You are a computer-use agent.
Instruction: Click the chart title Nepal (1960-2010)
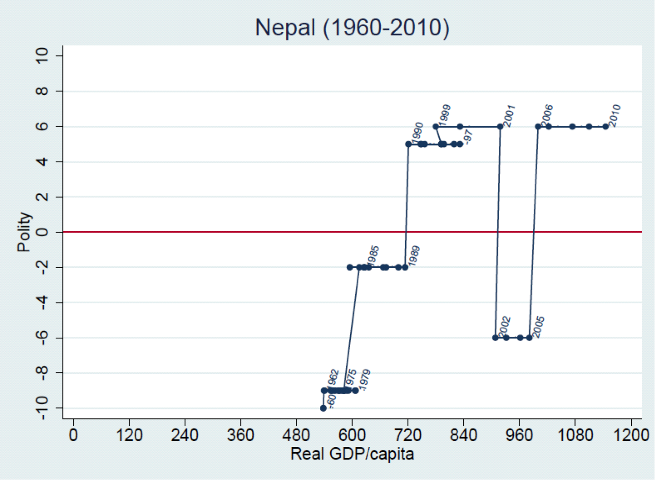pos(352,27)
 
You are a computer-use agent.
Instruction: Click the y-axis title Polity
pos(24,232)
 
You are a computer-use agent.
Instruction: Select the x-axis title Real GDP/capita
pos(352,454)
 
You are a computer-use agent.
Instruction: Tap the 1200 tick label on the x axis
pos(631,435)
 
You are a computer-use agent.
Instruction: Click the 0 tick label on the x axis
pos(73,435)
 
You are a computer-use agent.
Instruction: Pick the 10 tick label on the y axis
pos(43,56)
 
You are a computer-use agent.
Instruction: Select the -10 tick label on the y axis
pos(43,408)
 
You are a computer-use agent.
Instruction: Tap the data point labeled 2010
pos(605,127)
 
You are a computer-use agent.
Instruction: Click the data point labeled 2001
pos(500,127)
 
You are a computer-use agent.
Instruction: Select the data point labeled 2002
pos(495,338)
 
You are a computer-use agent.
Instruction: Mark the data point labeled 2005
pos(529,338)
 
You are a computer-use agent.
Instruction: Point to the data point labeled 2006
pos(538,127)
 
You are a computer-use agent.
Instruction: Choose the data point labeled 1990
pos(408,144)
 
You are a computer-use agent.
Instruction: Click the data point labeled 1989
pos(405,267)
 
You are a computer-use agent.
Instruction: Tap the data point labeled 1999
pos(435,127)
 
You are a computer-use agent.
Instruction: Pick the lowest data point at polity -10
pos(323,408)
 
